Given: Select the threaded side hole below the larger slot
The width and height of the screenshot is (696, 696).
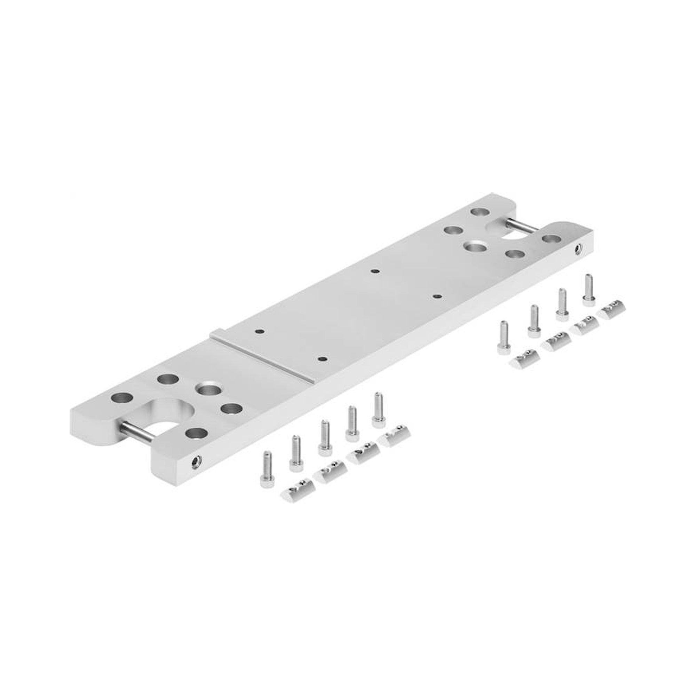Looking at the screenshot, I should click(x=196, y=461).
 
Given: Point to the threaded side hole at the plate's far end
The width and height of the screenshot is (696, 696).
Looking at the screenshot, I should click(x=578, y=248).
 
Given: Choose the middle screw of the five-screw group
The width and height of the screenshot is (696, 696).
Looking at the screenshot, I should click(x=324, y=437).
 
